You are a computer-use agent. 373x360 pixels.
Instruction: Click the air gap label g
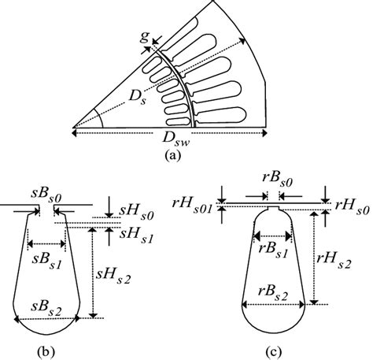pos(144,38)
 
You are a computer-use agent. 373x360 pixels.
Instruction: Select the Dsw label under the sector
pos(175,138)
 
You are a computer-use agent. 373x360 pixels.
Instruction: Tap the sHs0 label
pos(136,213)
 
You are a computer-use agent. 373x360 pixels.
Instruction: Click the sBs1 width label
pos(46,261)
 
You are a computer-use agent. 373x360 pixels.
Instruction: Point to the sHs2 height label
pos(113,276)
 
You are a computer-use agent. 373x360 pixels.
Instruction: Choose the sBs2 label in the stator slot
pos(46,306)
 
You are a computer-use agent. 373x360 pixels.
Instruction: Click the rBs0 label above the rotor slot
pos(278,180)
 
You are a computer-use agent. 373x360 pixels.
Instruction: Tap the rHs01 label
pos(191,206)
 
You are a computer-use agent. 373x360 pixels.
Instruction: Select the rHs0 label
pos(353,206)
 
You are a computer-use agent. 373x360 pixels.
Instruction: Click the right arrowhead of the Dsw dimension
pos(264,133)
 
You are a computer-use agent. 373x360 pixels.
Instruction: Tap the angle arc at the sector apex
pos(100,118)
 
